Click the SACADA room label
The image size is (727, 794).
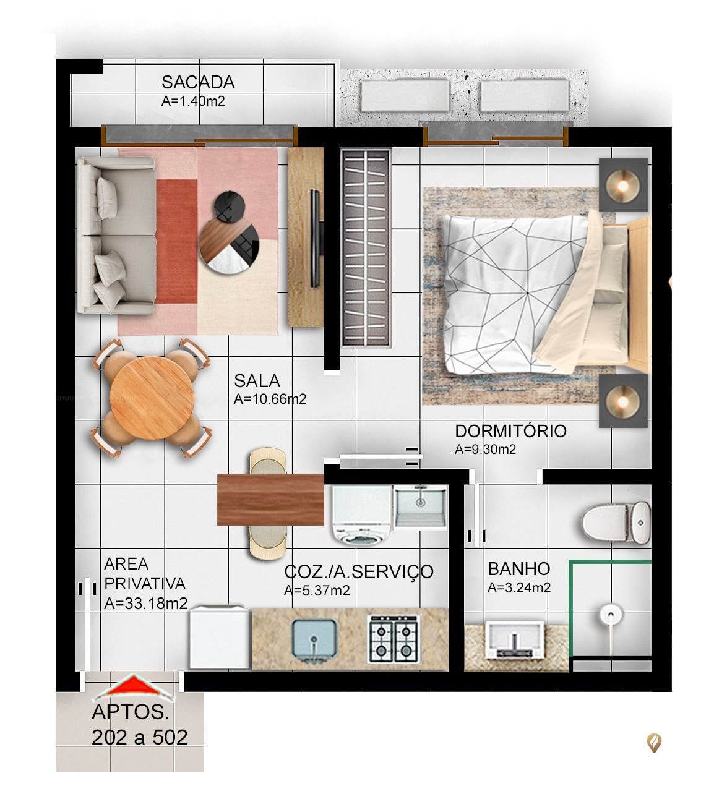[x=198, y=82]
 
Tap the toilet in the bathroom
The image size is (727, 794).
[x=616, y=523]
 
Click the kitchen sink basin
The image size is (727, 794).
[x=315, y=640]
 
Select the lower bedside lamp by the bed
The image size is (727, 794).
[x=623, y=400]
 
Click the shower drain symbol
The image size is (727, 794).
[x=610, y=615]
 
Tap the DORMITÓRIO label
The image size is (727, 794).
[x=510, y=431]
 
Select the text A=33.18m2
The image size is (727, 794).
[x=146, y=604]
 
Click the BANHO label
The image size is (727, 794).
[x=518, y=569]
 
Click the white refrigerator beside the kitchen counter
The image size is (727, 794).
[x=220, y=637]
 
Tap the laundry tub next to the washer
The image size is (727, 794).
[x=421, y=507]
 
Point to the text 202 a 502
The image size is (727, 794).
[x=140, y=737]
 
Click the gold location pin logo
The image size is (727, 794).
[x=654, y=742]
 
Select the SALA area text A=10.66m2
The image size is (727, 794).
[x=270, y=399]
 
